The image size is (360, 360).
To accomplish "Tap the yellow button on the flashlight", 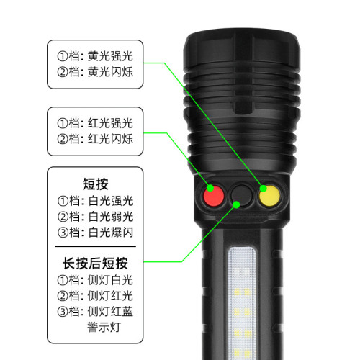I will pos(269,195).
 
